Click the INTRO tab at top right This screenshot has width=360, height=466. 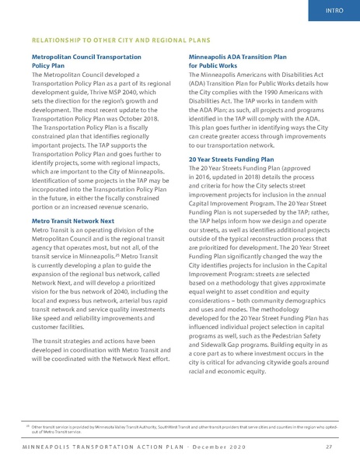coord(335,11)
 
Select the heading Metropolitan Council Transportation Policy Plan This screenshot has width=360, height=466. coord(86,61)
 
